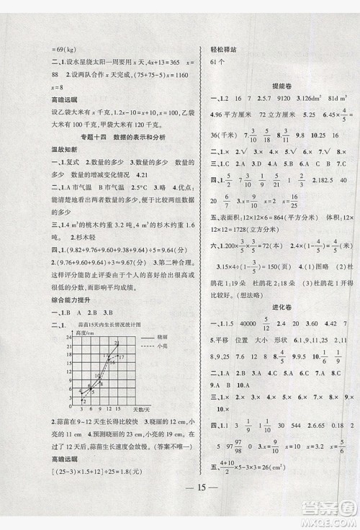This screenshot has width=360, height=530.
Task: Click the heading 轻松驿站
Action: pos(220,44)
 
